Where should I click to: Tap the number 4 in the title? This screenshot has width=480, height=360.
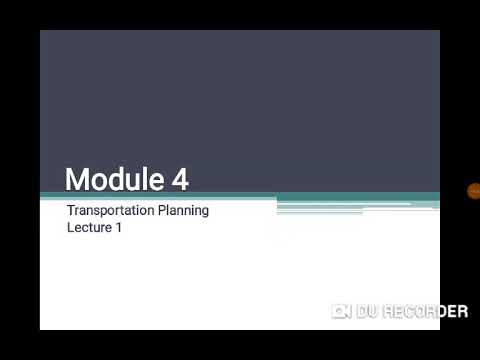(179, 180)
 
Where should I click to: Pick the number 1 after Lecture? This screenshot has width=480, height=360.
(119, 227)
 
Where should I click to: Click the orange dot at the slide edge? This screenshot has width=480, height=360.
(473, 191)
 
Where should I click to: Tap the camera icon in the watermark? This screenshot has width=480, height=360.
(341, 311)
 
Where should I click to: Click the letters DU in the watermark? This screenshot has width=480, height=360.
(367, 311)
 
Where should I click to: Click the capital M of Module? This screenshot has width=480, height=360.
(77, 180)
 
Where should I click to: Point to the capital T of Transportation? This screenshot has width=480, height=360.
(71, 211)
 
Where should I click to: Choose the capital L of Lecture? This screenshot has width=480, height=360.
(70, 227)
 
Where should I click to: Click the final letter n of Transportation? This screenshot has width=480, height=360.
(154, 211)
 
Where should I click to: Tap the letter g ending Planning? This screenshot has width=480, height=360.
(205, 213)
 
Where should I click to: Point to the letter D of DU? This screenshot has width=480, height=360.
(361, 311)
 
